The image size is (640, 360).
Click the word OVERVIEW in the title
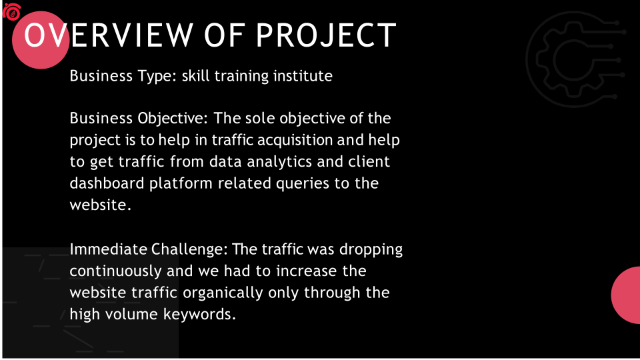109,35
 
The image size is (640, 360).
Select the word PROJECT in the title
326,35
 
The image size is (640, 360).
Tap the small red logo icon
12,11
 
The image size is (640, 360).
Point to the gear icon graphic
575,59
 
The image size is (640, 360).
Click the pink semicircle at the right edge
626,295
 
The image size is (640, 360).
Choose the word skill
195,76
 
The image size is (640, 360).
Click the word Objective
173,119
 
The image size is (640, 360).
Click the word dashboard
107,183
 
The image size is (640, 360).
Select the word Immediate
108,249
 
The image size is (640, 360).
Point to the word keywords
199,315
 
